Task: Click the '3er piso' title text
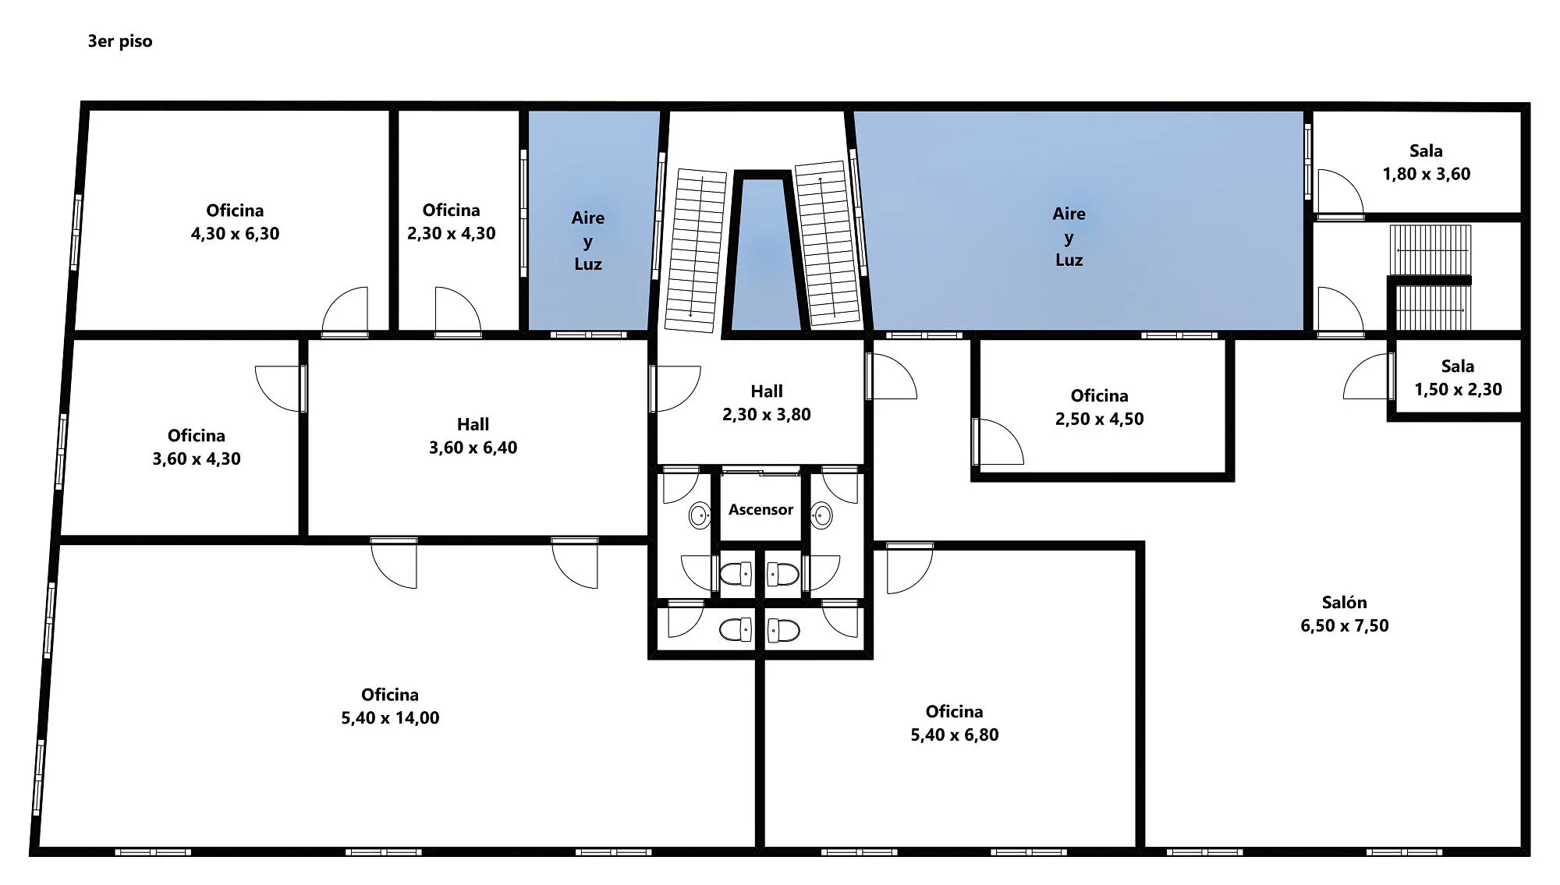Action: pyautogui.click(x=120, y=41)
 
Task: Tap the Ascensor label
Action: pyautogui.click(x=760, y=509)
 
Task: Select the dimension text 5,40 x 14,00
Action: pyautogui.click(x=390, y=718)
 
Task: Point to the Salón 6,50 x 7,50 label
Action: pyautogui.click(x=1345, y=614)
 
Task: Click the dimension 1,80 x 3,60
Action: pyautogui.click(x=1427, y=174)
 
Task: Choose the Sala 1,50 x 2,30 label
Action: pyautogui.click(x=1458, y=377)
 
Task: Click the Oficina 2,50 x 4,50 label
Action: pyautogui.click(x=1100, y=407)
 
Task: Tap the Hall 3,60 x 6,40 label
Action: pyautogui.click(x=473, y=436)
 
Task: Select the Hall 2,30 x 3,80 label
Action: pyautogui.click(x=767, y=402)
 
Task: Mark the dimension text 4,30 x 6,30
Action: pyautogui.click(x=235, y=234)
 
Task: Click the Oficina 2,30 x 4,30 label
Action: pyautogui.click(x=452, y=221)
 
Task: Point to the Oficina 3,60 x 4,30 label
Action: pyautogui.click(x=197, y=447)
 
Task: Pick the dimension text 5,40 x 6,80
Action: pyautogui.click(x=955, y=735)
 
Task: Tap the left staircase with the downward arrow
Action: pyautogui.click(x=695, y=250)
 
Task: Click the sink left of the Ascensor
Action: pyautogui.click(x=700, y=515)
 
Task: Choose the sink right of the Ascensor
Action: pyautogui.click(x=821, y=515)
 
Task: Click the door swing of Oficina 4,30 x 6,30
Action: pyautogui.click(x=345, y=310)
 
